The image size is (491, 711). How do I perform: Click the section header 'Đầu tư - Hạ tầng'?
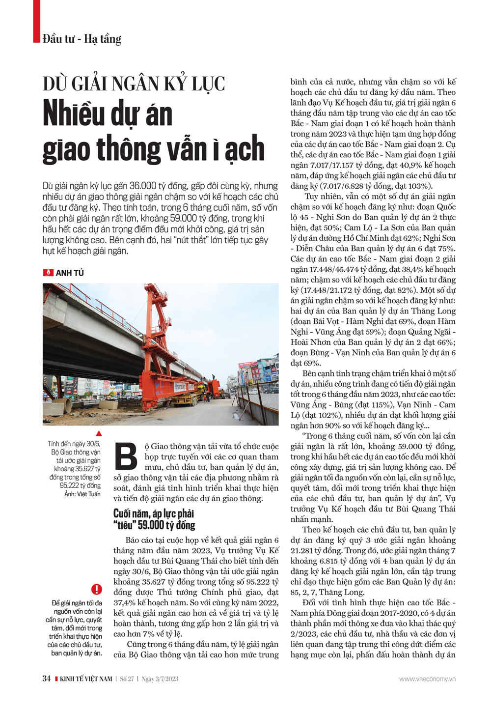coord(82,39)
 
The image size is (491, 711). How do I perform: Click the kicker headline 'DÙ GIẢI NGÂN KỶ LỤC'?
coord(134,84)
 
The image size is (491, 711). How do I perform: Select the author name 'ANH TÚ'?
coord(70,273)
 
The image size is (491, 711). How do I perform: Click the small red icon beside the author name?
coord(48,273)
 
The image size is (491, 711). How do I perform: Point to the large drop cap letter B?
coord(126,456)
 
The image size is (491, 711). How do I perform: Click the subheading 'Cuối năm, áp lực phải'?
coord(154,514)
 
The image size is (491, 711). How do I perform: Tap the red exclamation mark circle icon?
coord(96,589)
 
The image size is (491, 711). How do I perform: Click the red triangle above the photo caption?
coord(99,433)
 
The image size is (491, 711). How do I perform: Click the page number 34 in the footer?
coord(47,679)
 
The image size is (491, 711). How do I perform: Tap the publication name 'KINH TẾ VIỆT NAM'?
coord(86,679)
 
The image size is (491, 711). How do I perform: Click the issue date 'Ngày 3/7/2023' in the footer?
coord(160,679)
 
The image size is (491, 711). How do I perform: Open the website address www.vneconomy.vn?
coord(427,679)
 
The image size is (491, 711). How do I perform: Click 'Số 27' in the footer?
coord(127,679)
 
